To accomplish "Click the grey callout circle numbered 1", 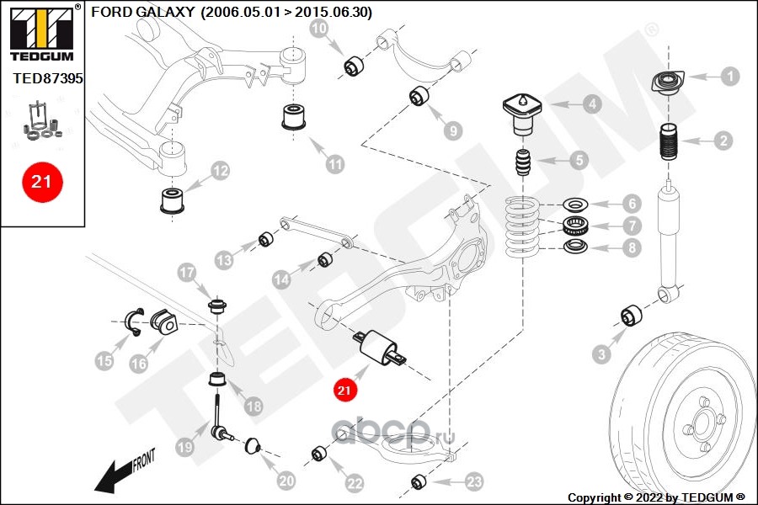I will point(729,77).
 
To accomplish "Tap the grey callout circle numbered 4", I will point(593,104).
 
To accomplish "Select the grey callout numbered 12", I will point(220,172).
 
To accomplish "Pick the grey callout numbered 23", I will point(474,481).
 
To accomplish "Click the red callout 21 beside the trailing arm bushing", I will point(344,390).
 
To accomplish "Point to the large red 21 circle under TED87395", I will point(42,181).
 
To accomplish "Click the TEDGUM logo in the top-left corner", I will point(42,30).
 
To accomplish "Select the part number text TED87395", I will point(48,77).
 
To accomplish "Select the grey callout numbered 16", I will point(139,364).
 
